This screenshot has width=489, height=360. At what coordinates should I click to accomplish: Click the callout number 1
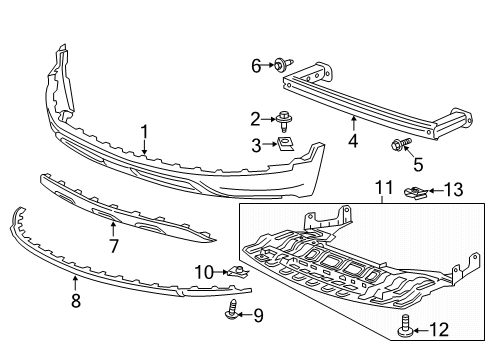pyautogui.click(x=144, y=130)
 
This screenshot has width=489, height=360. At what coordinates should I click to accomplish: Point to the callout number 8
pyautogui.click(x=76, y=299)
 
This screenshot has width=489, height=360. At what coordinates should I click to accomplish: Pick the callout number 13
pyautogui.click(x=453, y=189)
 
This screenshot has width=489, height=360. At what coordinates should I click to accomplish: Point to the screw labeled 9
pyautogui.click(x=232, y=312)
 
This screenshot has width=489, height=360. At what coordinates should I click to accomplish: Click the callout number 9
pyautogui.click(x=258, y=317)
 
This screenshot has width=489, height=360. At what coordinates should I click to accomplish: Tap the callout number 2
pyautogui.click(x=256, y=119)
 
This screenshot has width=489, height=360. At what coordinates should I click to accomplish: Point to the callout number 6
pyautogui.click(x=256, y=65)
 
